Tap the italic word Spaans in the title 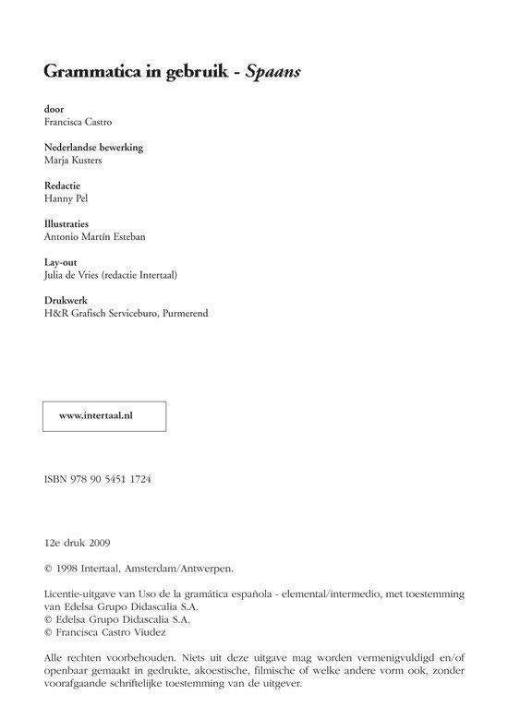276,72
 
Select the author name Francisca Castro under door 79,122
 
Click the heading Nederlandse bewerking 93,147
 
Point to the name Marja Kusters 74,160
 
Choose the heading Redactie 63,186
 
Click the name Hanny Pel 67,198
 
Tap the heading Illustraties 67,223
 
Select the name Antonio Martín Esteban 94,236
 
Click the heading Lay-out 60,262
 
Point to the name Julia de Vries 78,275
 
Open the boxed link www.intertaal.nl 96,416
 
